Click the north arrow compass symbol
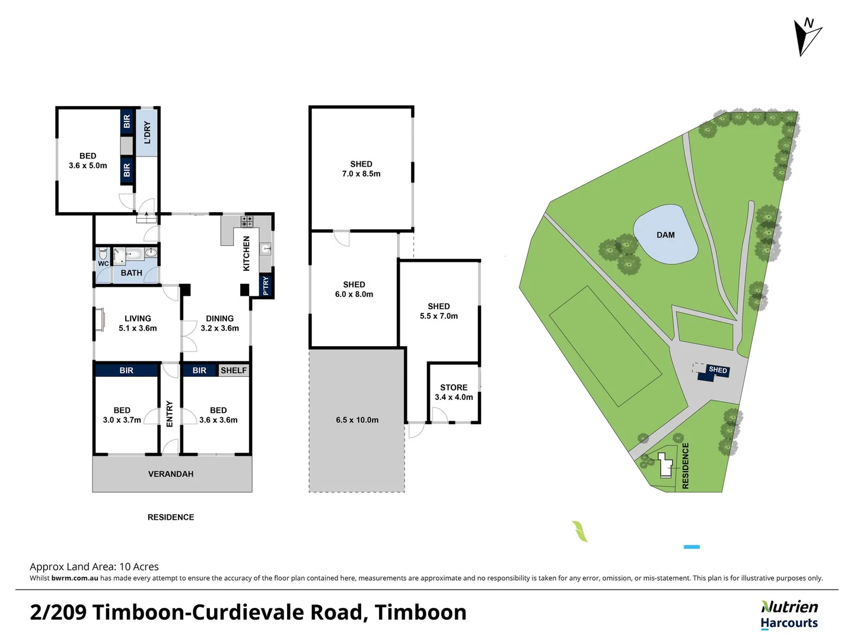tap(807, 36)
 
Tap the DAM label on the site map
tap(665, 235)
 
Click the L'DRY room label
tap(147, 133)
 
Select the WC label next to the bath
tap(103, 264)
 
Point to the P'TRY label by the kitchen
tap(266, 286)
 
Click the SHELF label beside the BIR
tap(234, 370)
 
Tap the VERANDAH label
tap(171, 474)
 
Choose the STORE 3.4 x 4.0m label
tap(454, 392)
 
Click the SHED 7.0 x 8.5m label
tap(361, 169)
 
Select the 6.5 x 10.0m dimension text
tap(357, 420)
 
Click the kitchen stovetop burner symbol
tap(247, 222)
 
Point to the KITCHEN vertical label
tap(247, 254)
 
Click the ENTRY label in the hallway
tap(170, 414)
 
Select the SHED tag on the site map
tap(718, 370)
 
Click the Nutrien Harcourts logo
tap(789, 615)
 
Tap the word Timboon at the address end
tap(420, 612)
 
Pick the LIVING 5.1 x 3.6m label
tap(138, 323)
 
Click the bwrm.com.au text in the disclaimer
tap(75, 578)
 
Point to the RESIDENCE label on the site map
tap(686, 466)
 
